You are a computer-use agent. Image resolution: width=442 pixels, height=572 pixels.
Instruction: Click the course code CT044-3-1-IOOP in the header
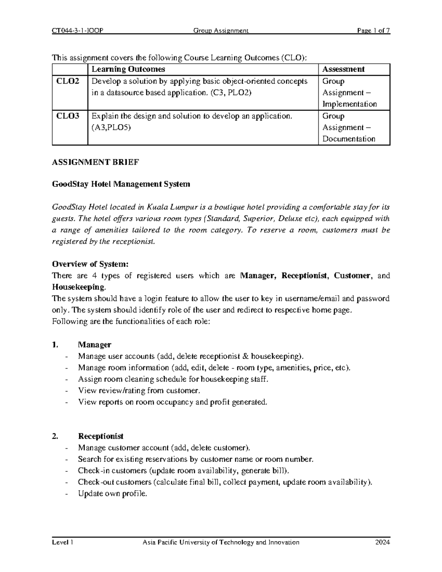tap(77, 31)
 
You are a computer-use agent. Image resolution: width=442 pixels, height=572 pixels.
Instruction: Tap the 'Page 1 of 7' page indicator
tap(373, 31)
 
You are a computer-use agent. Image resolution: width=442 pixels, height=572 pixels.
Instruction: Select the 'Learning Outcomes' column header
tap(128, 69)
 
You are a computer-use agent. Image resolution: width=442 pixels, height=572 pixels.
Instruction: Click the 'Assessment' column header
tap(343, 69)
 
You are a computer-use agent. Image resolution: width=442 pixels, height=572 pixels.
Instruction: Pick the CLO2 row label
tap(67, 81)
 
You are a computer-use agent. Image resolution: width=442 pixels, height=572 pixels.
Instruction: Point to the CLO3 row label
tap(67, 116)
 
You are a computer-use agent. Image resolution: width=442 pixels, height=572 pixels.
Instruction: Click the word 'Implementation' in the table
tap(350, 104)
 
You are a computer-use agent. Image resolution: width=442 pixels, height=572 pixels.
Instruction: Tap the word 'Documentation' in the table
tap(349, 139)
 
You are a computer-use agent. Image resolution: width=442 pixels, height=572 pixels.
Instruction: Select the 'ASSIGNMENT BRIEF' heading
tap(95, 162)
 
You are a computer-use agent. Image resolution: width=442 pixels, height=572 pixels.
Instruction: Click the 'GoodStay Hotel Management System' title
tap(121, 184)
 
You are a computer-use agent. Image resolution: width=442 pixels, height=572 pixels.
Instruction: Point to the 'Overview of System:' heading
tap(90, 264)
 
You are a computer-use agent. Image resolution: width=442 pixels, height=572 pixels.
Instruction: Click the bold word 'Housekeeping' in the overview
tap(78, 287)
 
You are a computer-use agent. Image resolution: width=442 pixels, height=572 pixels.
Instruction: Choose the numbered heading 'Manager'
tap(94, 345)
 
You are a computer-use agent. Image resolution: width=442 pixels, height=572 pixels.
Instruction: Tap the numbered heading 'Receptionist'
tap(101, 436)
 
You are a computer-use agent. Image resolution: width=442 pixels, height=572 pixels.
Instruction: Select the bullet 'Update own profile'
tap(112, 494)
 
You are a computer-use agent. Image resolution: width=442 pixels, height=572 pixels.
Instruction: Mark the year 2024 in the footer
tap(382, 542)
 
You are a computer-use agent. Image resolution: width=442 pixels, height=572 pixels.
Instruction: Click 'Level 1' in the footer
tap(63, 542)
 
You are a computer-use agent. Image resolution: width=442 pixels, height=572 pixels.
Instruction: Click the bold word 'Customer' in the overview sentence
tap(352, 276)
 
